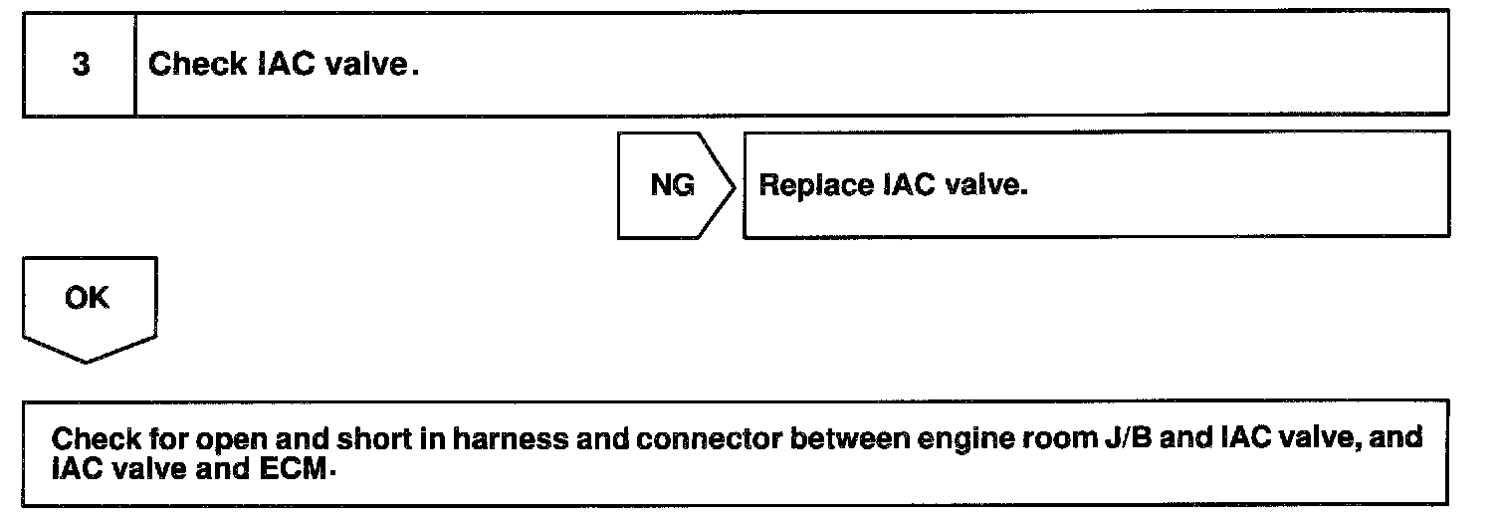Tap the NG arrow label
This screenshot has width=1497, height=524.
point(672,186)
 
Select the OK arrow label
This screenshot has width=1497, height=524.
point(87,299)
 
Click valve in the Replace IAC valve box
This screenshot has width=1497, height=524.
point(985,186)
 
